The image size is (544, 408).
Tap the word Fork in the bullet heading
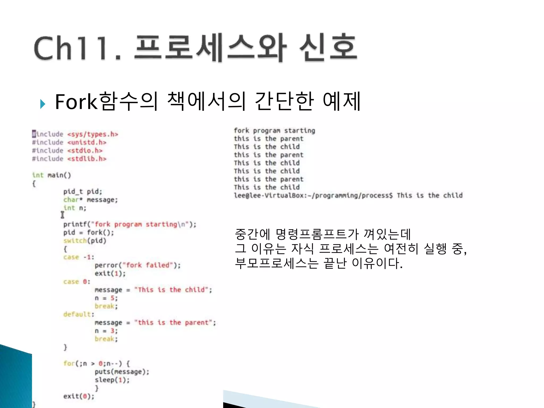(76, 102)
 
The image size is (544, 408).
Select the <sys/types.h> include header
(92, 134)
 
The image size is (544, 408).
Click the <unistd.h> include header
(87, 143)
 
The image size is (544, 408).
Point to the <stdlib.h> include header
(87, 159)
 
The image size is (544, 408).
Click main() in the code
(59, 175)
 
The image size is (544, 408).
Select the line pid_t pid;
(83, 192)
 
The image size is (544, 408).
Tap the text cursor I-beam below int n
(62, 215)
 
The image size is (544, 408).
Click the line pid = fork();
(88, 233)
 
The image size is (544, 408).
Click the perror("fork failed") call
(137, 265)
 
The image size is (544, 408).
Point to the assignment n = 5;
(106, 298)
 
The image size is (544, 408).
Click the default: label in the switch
(79, 314)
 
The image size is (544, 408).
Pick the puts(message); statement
(122, 372)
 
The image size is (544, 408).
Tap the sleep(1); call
(112, 380)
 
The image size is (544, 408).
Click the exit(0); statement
(79, 396)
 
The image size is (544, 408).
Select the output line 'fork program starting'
(274, 131)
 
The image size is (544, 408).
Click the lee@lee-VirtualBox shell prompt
(313, 196)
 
